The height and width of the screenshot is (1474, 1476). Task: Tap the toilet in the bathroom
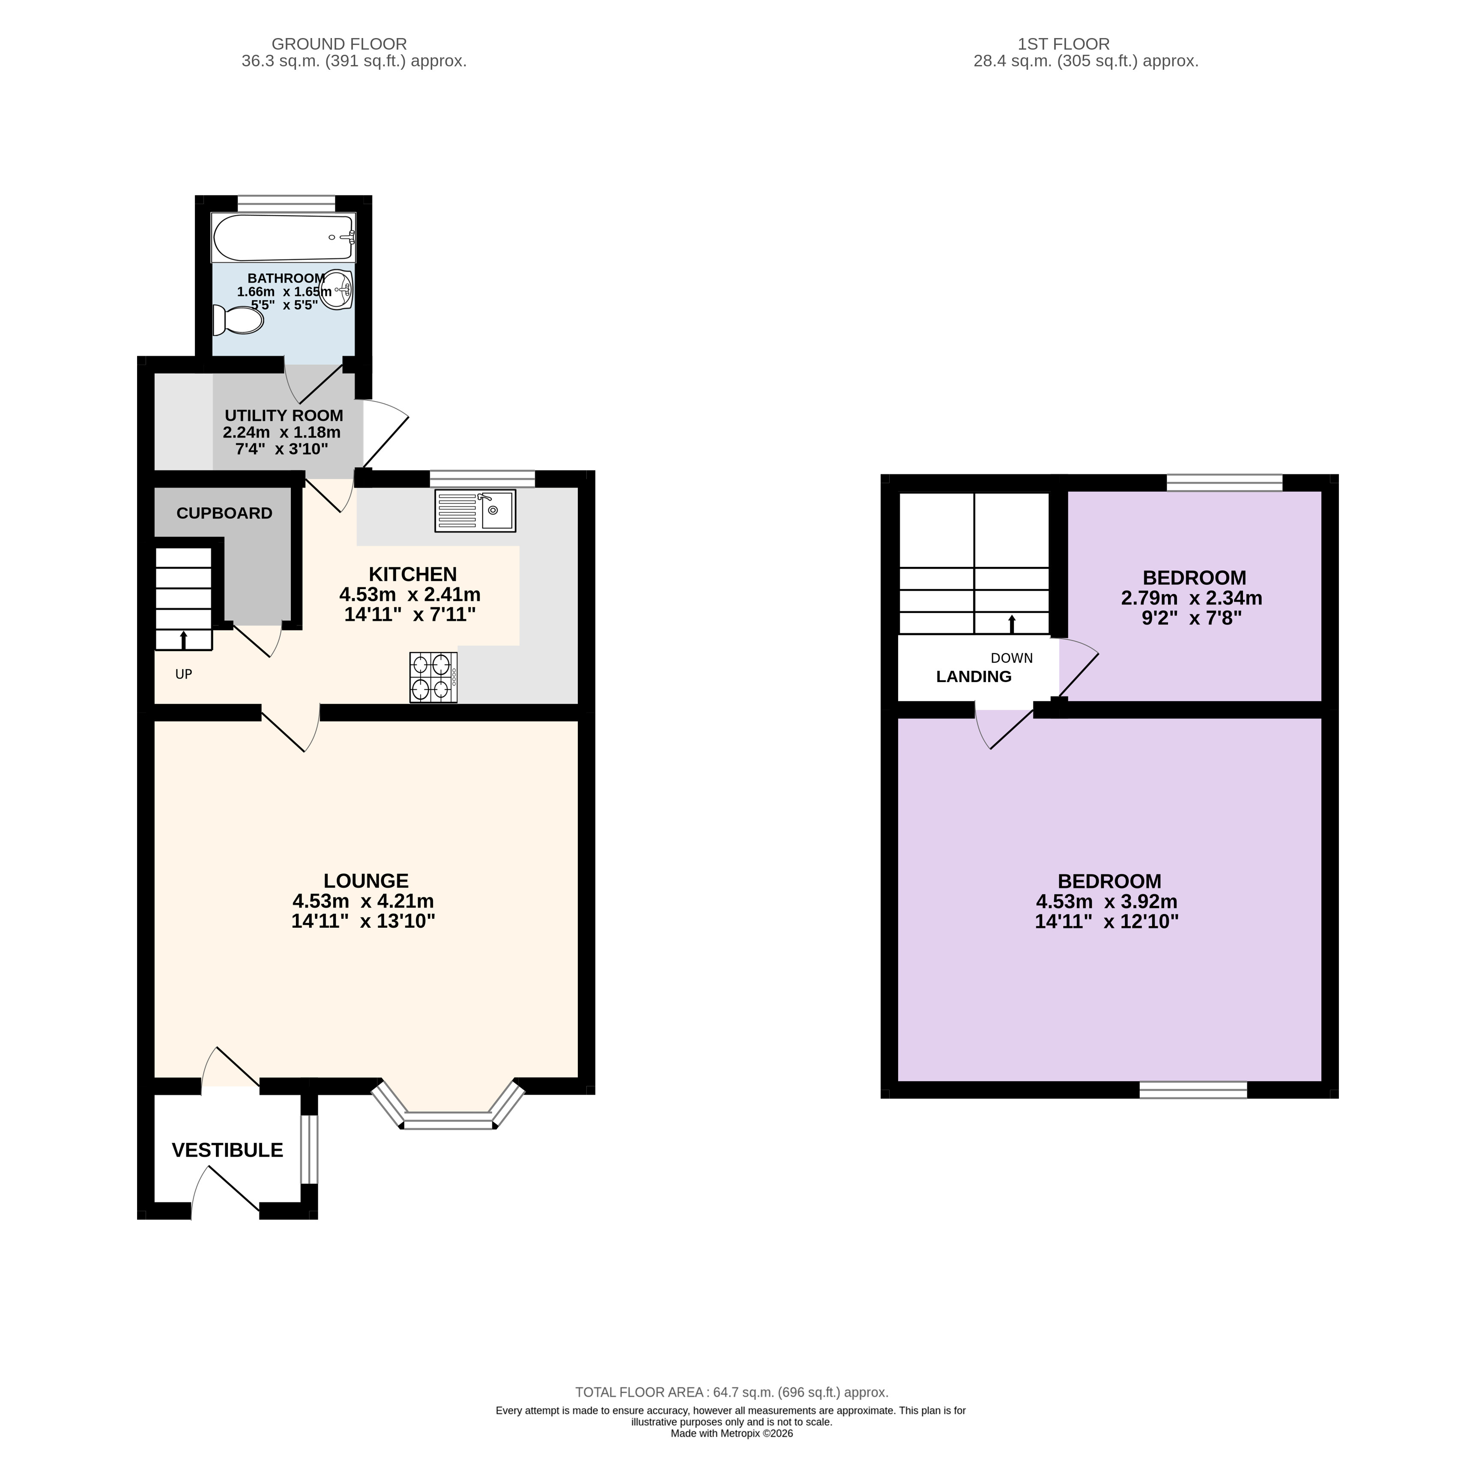click(x=238, y=320)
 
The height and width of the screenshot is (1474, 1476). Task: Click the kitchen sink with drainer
click(x=475, y=511)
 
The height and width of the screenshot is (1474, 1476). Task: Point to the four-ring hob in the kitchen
click(x=433, y=677)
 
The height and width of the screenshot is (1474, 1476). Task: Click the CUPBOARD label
click(x=224, y=513)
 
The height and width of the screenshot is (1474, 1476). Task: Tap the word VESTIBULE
click(x=228, y=1150)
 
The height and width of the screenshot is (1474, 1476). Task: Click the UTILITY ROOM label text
click(x=284, y=415)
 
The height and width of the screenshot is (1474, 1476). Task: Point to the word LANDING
click(x=974, y=677)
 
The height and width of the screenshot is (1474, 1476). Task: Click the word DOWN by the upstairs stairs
click(x=1012, y=658)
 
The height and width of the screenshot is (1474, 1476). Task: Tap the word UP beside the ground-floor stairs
click(x=183, y=674)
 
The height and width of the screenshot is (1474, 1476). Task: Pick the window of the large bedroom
click(x=1193, y=1090)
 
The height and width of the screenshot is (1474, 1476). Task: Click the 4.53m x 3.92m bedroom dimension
click(x=1107, y=901)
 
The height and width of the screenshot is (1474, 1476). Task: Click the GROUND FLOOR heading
click(x=339, y=44)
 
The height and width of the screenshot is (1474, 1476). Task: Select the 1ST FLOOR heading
click(x=1064, y=44)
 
